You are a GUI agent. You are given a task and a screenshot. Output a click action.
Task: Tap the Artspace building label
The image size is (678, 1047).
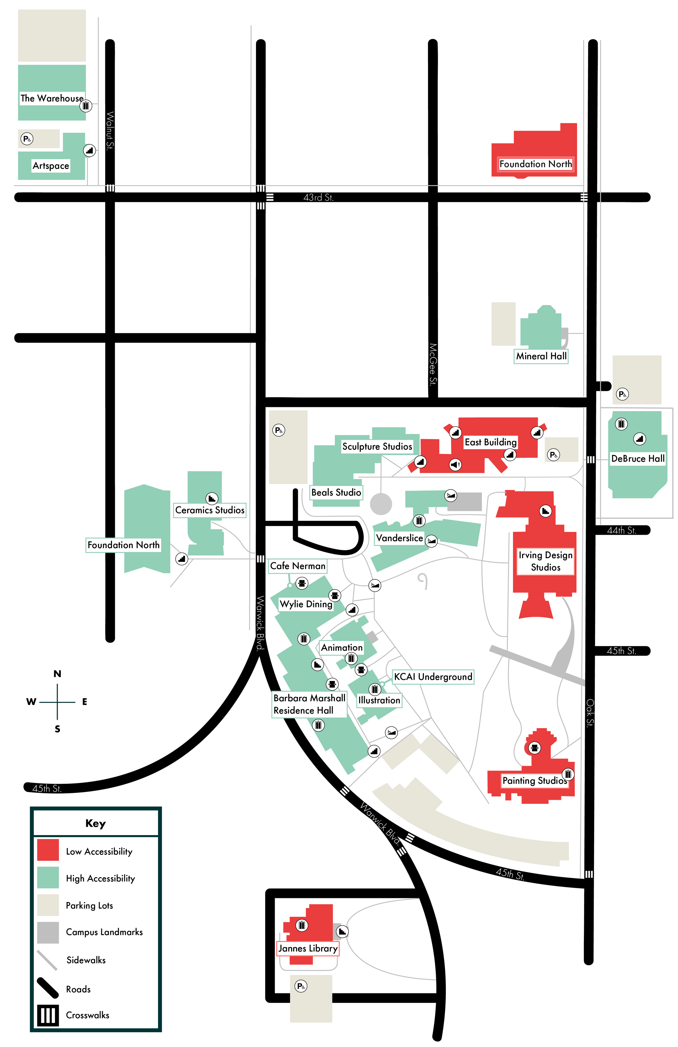(51, 166)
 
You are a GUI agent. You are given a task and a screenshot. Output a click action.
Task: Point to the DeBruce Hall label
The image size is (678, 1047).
(638, 458)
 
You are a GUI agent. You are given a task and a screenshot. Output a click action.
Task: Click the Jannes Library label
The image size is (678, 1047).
(308, 948)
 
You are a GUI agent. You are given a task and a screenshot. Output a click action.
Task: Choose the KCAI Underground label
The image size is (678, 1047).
(433, 677)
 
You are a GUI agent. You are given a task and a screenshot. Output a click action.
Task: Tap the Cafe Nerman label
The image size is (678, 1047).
(298, 566)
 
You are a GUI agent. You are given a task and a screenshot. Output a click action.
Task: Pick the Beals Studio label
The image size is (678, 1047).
(336, 492)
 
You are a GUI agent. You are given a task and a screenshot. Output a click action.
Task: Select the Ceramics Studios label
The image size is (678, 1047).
(210, 510)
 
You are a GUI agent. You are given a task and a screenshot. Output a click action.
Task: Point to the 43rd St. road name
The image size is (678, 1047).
(318, 198)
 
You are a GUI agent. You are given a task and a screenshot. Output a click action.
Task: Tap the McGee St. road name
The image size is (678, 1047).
(433, 364)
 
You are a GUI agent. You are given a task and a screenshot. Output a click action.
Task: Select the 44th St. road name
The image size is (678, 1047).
(621, 531)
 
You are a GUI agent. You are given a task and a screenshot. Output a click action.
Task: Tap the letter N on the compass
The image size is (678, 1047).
(57, 674)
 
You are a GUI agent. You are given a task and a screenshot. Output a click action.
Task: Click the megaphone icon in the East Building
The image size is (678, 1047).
(455, 464)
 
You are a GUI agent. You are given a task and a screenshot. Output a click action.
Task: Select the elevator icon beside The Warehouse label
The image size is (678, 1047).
(86, 106)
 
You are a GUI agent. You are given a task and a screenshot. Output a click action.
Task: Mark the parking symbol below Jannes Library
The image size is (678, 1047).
(301, 986)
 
